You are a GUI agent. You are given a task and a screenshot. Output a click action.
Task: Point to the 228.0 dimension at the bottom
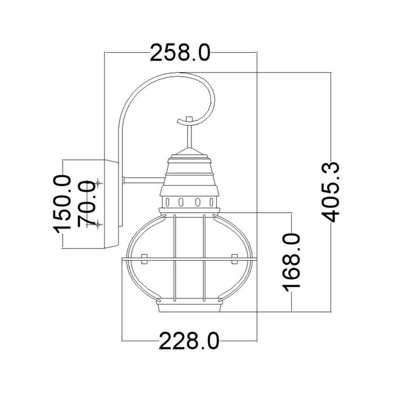coord(188,341)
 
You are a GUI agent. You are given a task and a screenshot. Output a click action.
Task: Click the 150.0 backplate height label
coord(62,203)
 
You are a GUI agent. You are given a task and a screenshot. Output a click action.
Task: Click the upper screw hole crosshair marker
coord(98,183)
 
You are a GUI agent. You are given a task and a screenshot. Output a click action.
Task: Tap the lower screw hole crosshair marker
coord(98,224)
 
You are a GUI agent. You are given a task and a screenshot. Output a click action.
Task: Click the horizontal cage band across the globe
coord(189,259)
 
